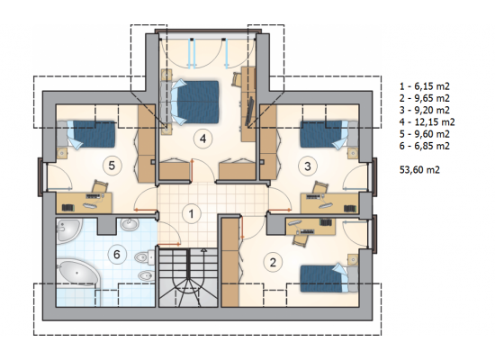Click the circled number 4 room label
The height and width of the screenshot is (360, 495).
[202, 139]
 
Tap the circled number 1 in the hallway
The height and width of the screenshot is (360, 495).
[192, 214]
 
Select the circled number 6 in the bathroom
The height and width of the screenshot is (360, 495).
[117, 254]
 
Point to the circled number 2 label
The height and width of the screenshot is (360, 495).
[273, 262]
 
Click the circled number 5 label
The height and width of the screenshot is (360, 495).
[112, 166]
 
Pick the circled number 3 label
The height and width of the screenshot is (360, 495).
[308, 166]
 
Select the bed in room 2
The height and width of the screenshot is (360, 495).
[328, 278]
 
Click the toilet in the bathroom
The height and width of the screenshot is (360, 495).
[145, 257]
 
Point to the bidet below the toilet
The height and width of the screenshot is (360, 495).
[146, 275]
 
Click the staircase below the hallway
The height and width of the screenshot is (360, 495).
[188, 277]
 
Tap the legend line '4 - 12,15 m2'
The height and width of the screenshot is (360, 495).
[427, 121]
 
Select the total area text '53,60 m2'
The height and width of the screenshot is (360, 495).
[419, 170]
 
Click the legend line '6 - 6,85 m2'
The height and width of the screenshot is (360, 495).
[424, 146]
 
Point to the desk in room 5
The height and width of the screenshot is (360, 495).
[85, 202]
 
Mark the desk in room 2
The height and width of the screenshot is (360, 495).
[310, 227]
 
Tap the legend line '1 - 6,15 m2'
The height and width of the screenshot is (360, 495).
[424, 86]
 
